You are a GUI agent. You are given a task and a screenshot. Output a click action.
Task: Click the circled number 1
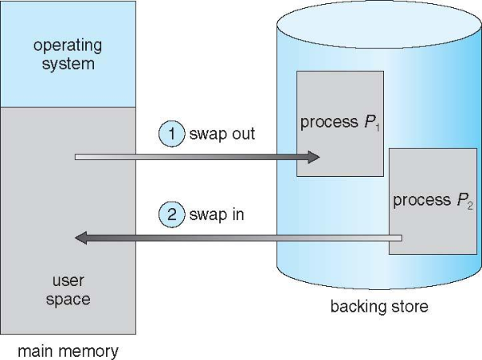point(172,133)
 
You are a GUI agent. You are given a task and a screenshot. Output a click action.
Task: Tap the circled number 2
point(172,215)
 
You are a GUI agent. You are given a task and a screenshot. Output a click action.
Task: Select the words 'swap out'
point(222,134)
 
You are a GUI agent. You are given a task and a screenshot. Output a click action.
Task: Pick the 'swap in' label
point(217,215)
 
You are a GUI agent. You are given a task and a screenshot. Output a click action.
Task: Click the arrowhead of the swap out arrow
point(313,157)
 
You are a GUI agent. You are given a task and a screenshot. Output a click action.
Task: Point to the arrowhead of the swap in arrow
point(81,238)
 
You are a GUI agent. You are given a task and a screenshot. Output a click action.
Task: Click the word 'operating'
point(67,47)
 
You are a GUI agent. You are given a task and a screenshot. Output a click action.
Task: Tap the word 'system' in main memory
point(68,64)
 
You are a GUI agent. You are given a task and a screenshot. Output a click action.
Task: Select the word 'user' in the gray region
point(68,280)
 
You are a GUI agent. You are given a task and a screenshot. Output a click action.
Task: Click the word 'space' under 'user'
point(68,300)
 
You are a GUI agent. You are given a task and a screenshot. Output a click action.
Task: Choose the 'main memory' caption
point(68,351)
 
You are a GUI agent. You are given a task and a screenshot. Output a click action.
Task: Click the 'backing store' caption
point(379,306)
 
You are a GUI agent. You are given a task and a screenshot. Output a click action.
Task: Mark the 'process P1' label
point(340,123)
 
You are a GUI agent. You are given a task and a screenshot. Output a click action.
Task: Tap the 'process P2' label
point(433,201)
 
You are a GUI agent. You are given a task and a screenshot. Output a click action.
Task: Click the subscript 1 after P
point(378,127)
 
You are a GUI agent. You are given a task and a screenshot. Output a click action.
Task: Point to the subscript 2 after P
point(470,206)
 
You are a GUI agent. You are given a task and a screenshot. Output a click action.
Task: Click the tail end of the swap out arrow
point(76,157)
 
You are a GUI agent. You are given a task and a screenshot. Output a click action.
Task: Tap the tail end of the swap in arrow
point(401,238)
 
